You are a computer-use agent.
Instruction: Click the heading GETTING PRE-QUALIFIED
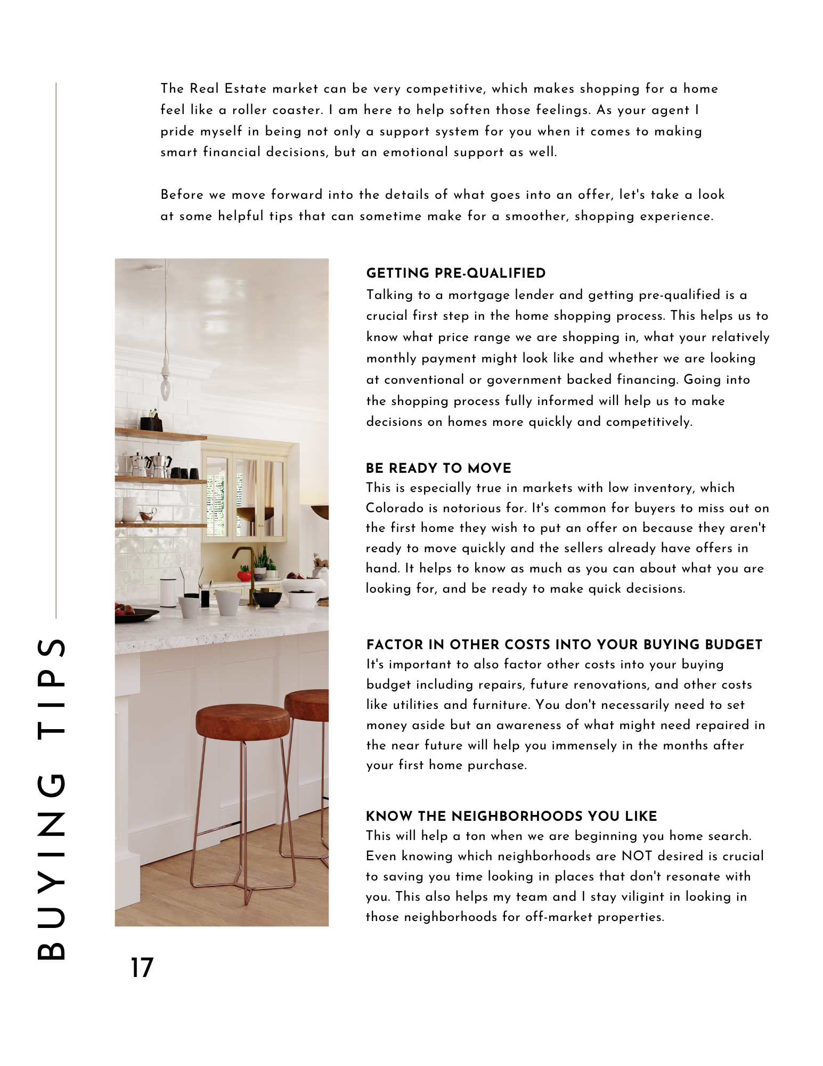point(455,273)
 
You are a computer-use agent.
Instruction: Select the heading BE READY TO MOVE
point(438,469)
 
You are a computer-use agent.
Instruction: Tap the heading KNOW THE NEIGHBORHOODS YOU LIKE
point(511,816)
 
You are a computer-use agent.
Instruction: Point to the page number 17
point(142,967)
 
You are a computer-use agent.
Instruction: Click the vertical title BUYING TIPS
point(51,799)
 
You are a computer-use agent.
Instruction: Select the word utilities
point(415,705)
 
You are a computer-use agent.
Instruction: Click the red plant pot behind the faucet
point(244,575)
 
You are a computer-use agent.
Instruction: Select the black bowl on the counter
point(266,599)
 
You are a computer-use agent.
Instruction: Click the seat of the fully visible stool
point(242,720)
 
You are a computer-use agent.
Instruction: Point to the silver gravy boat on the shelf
point(147,514)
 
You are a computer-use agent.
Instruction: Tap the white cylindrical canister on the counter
point(168,592)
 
